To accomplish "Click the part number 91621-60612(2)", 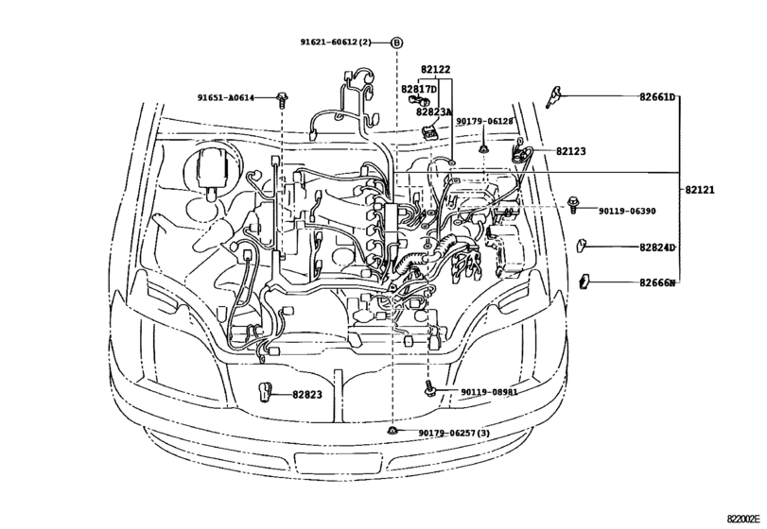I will (337, 43).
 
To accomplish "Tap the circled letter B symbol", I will (396, 43).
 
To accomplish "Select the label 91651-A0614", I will (226, 97).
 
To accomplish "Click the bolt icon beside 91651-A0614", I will (282, 97).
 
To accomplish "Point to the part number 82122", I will (435, 69).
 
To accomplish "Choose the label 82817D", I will (419, 89).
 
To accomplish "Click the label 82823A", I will (434, 111).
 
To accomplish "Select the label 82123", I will (570, 151).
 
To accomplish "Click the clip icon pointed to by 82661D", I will (553, 96).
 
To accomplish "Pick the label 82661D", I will (657, 97).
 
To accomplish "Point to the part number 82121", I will (700, 190).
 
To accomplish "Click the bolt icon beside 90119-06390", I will (574, 203).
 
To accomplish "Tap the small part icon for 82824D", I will (584, 247).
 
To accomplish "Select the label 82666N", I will (657, 282).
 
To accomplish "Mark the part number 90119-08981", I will (489, 392).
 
